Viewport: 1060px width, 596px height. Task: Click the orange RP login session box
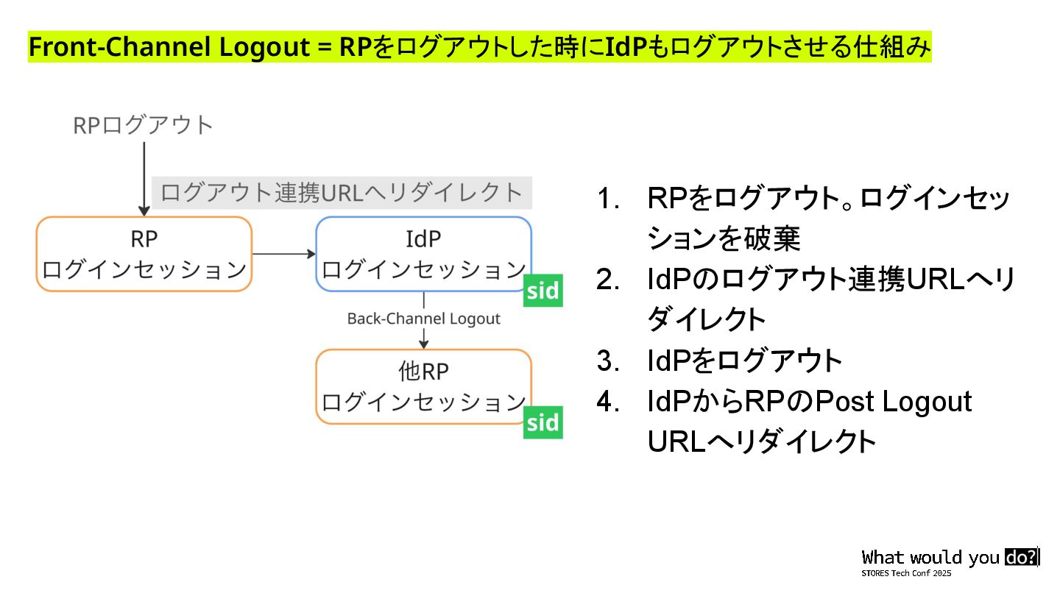[144, 254]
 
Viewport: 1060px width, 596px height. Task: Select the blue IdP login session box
[423, 254]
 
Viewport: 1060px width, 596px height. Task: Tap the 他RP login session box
[423, 386]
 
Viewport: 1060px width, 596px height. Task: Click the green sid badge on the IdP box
[543, 291]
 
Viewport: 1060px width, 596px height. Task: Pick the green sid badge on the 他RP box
[543, 423]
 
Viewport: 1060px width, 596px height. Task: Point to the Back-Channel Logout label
[423, 319]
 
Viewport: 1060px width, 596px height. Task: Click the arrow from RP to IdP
[284, 255]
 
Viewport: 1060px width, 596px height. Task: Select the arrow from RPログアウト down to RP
[144, 177]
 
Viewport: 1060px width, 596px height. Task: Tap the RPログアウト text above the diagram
[144, 126]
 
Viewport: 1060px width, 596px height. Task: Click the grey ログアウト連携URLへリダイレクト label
[342, 193]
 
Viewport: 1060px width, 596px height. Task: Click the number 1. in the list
[609, 199]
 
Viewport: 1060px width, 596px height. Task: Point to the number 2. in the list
[609, 280]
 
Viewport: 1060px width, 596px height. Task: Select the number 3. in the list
[609, 361]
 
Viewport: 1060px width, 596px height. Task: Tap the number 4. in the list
[609, 402]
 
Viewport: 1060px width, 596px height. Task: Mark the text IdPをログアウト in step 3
[745, 361]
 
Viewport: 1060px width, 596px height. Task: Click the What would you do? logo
[950, 558]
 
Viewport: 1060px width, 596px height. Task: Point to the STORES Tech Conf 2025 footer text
[907, 573]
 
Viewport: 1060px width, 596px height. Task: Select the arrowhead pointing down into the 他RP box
[423, 344]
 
